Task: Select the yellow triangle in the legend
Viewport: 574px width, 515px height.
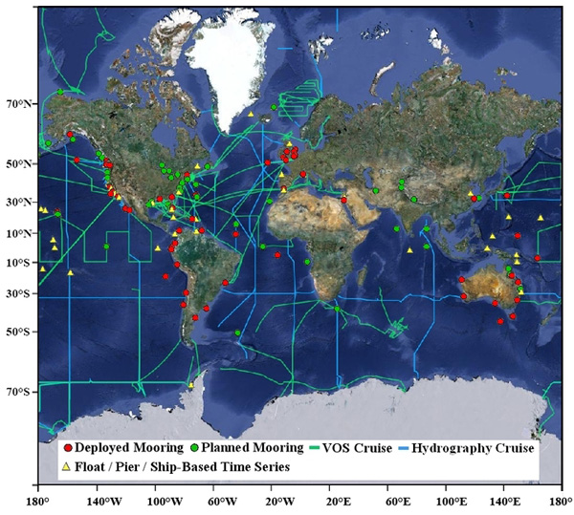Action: click(66, 467)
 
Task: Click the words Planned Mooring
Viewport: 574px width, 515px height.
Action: click(250, 447)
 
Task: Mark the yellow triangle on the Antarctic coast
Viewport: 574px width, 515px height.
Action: click(191, 386)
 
